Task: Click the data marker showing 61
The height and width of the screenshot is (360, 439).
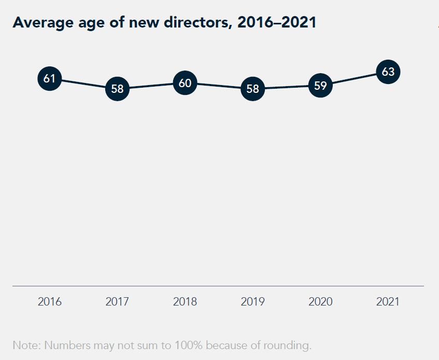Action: pyautogui.click(x=50, y=79)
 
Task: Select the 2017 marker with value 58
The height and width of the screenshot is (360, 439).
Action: pyautogui.click(x=118, y=89)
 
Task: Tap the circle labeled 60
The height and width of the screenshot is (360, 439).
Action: pyautogui.click(x=185, y=82)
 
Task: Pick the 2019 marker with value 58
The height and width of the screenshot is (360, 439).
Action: pyautogui.click(x=253, y=89)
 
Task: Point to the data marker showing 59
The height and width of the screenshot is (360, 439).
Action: pyautogui.click(x=320, y=86)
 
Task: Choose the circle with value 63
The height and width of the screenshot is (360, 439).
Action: pyautogui.click(x=388, y=72)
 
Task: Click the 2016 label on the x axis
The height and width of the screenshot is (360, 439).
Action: pyautogui.click(x=50, y=301)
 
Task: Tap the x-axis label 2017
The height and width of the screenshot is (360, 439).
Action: pyautogui.click(x=118, y=301)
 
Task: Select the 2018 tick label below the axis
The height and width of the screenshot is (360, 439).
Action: pyautogui.click(x=185, y=301)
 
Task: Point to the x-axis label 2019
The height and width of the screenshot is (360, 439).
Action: pyautogui.click(x=253, y=301)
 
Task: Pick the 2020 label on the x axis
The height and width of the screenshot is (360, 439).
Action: pyautogui.click(x=320, y=301)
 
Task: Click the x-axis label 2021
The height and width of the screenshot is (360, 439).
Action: pyautogui.click(x=388, y=301)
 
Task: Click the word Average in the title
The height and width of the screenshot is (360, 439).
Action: pyautogui.click(x=39, y=23)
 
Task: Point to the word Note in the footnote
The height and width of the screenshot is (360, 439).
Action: pyautogui.click(x=24, y=345)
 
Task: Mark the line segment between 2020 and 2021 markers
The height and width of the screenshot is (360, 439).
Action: pyautogui.click(x=355, y=79)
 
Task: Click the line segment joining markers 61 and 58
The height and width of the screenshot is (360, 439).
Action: pyautogui.click(x=83, y=84)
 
